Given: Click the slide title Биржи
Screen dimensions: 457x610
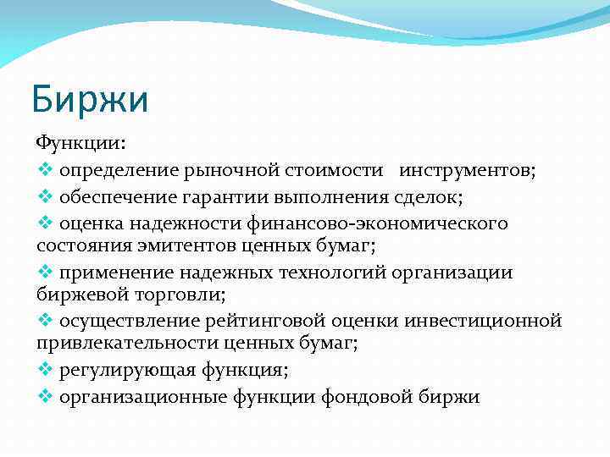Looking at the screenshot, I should pos(90,98).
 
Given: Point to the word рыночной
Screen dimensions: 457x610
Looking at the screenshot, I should pos(222,170).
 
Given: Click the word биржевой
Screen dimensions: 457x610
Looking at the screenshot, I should pos(79,295).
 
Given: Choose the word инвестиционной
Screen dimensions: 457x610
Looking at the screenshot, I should pos(482,321).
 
